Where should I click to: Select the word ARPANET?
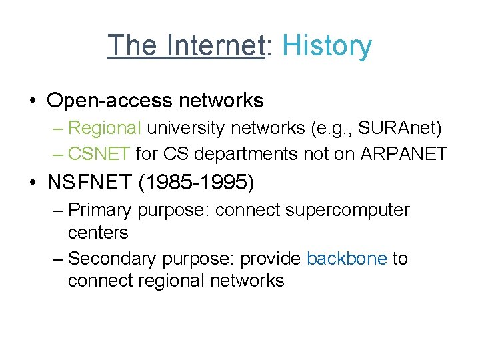pyautogui.click(x=403, y=154)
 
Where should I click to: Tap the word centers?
pyautogui.click(x=98, y=233)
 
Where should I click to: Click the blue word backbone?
pyautogui.click(x=347, y=258)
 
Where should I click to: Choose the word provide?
pyautogui.click(x=270, y=258)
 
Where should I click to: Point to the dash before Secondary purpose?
pyautogui.click(x=57, y=258)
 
